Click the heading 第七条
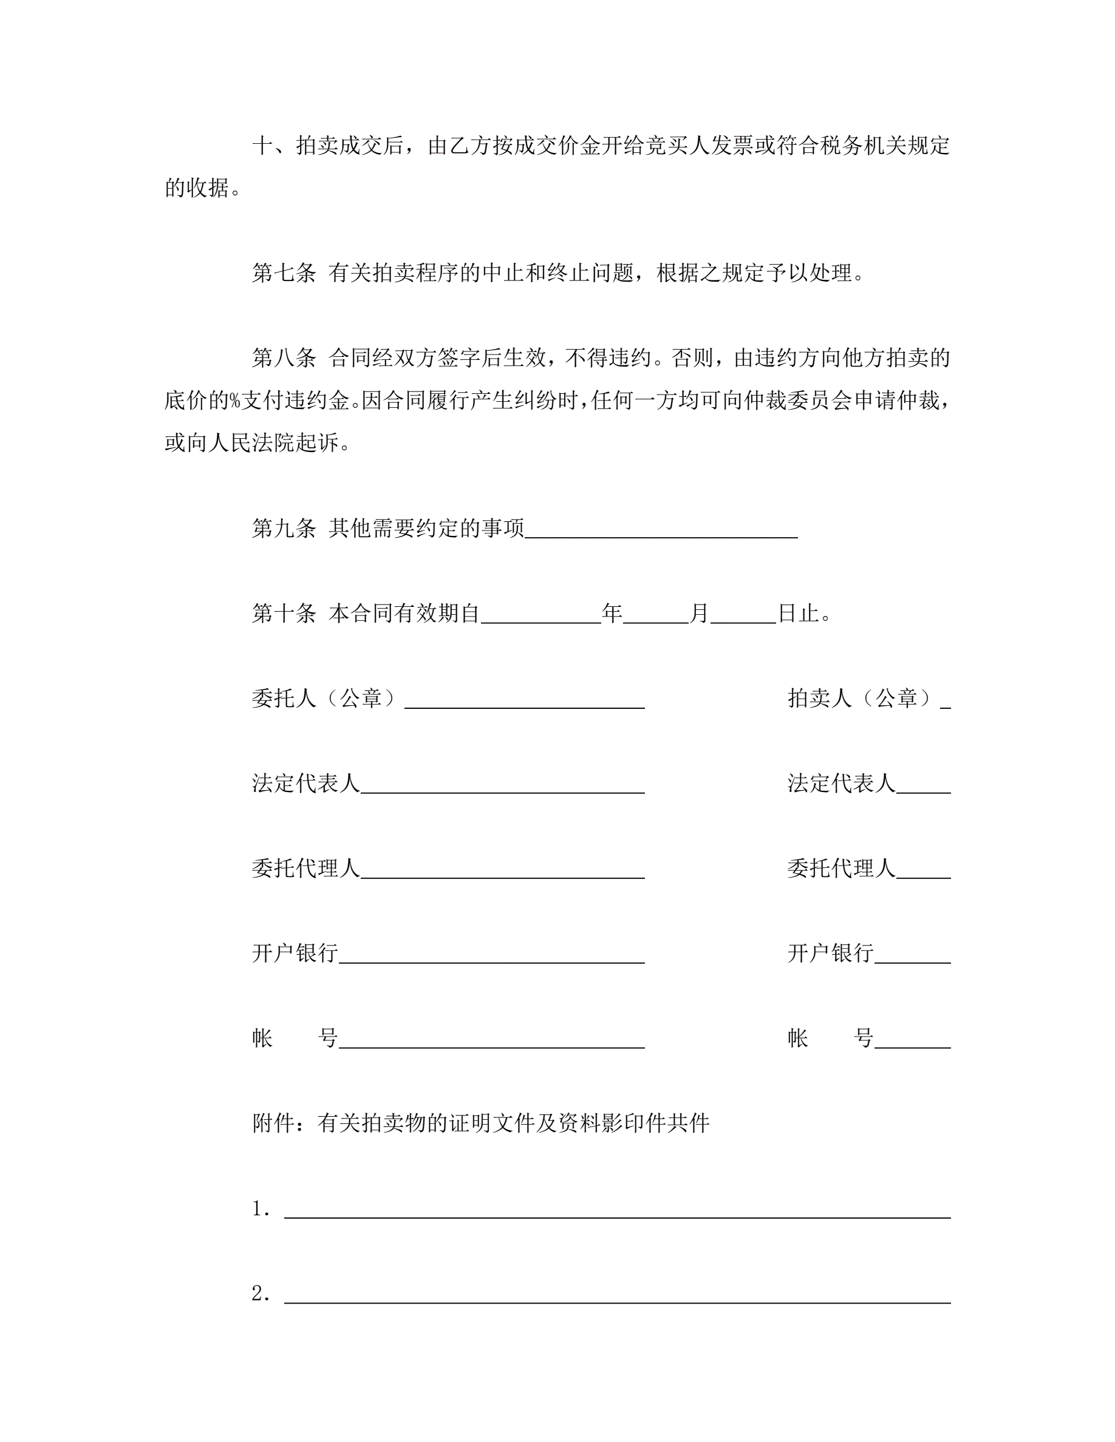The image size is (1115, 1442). pyautogui.click(x=284, y=272)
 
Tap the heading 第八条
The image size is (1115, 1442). pyautogui.click(x=284, y=358)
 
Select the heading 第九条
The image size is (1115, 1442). pyautogui.click(x=284, y=528)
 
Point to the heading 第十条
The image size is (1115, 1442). pyautogui.click(x=284, y=614)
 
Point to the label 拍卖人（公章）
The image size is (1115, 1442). pyautogui.click(x=861, y=699)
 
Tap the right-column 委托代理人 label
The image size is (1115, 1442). pyautogui.click(x=841, y=868)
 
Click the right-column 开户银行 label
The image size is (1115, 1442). pyautogui.click(x=830, y=953)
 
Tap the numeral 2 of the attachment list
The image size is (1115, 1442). pyautogui.click(x=258, y=1293)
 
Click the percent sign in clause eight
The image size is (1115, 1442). pyautogui.click(x=234, y=401)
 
